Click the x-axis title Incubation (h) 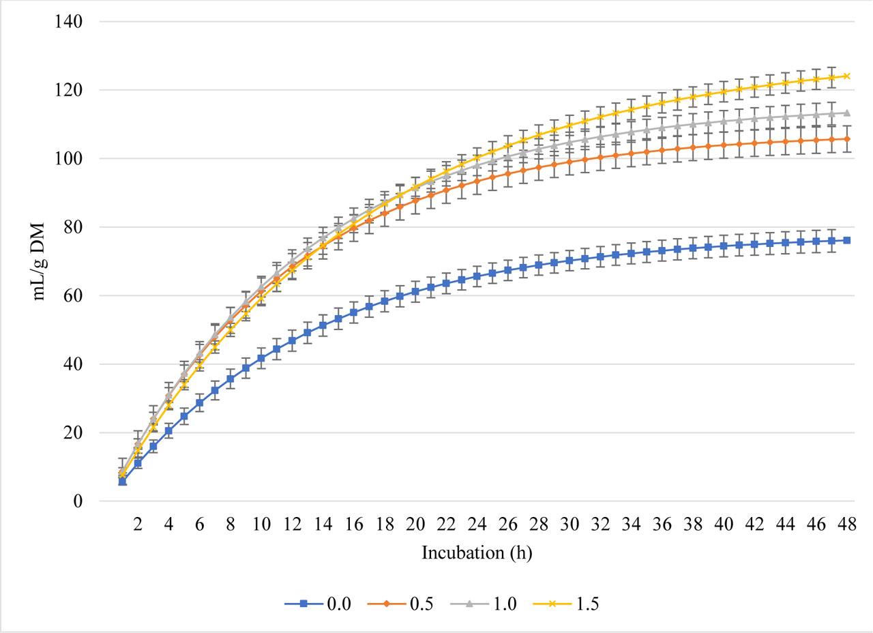[x=477, y=553]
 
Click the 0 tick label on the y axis [x=78, y=502]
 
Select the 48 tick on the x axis [x=846, y=525]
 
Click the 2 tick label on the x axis [x=138, y=525]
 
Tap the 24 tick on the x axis [x=477, y=525]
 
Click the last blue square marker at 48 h [x=846, y=240]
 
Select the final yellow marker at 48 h [x=846, y=76]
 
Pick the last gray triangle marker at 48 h [x=846, y=113]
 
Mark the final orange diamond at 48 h [x=846, y=139]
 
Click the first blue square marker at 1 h [x=122, y=482]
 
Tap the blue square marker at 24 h [x=477, y=276]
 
